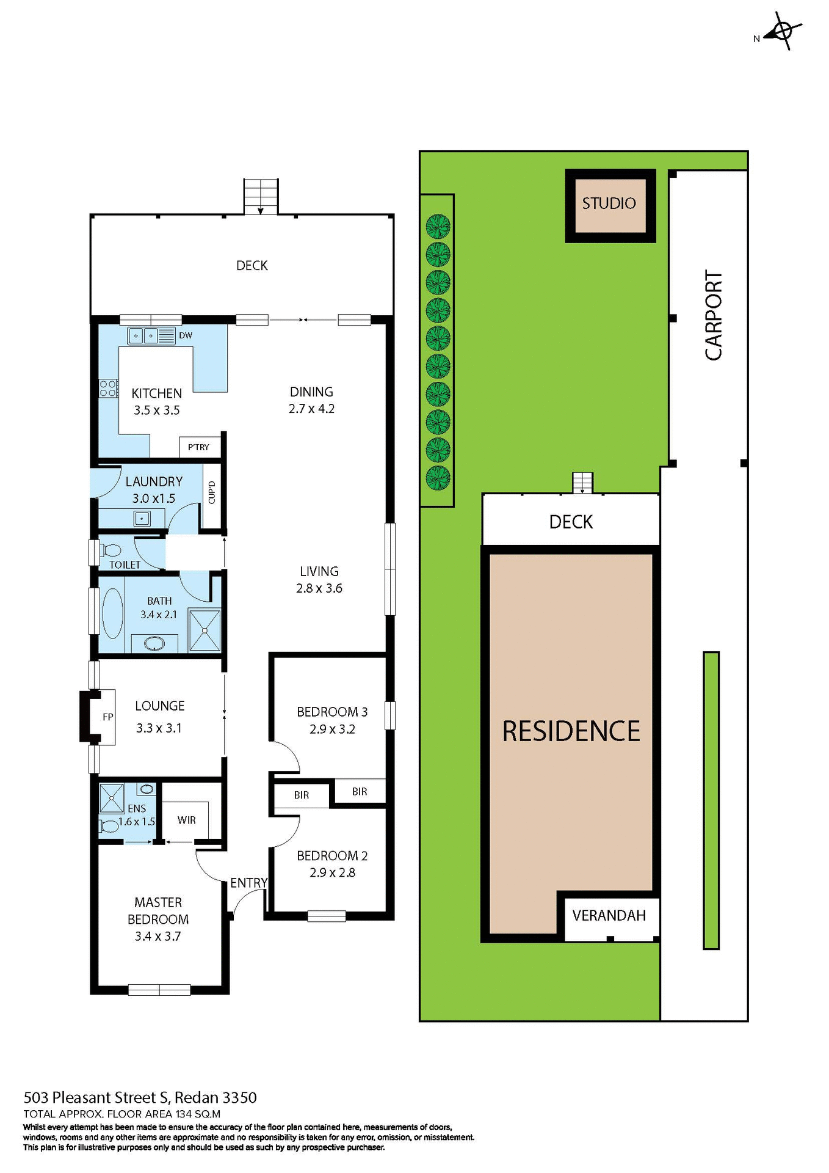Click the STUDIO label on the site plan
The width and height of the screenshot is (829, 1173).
pyautogui.click(x=609, y=203)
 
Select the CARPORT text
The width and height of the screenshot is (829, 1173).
pyautogui.click(x=713, y=315)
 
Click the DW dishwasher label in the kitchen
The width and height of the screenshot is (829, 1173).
pyautogui.click(x=186, y=335)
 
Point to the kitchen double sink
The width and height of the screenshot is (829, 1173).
pyautogui.click(x=143, y=335)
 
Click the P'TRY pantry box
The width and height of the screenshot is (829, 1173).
pyautogui.click(x=198, y=447)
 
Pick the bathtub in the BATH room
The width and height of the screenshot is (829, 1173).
pyautogui.click(x=112, y=613)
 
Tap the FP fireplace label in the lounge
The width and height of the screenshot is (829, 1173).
pyautogui.click(x=108, y=717)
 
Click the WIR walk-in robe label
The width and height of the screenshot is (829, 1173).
pyautogui.click(x=187, y=820)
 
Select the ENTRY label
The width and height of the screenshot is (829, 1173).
pyautogui.click(x=248, y=883)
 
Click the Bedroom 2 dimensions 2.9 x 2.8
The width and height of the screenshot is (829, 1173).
pyautogui.click(x=332, y=872)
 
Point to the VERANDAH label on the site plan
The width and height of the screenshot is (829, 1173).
pyautogui.click(x=609, y=915)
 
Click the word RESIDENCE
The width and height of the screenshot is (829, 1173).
pyautogui.click(x=571, y=731)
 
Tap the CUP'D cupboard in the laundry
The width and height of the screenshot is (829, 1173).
pyautogui.click(x=212, y=492)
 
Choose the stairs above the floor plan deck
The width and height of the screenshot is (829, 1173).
pyautogui.click(x=261, y=196)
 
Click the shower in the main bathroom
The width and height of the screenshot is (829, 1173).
pyautogui.click(x=205, y=630)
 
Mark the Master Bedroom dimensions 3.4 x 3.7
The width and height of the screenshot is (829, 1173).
pyautogui.click(x=157, y=936)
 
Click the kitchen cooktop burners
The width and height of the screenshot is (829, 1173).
pyautogui.click(x=108, y=389)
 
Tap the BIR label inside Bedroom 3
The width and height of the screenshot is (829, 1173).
pyautogui.click(x=360, y=792)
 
